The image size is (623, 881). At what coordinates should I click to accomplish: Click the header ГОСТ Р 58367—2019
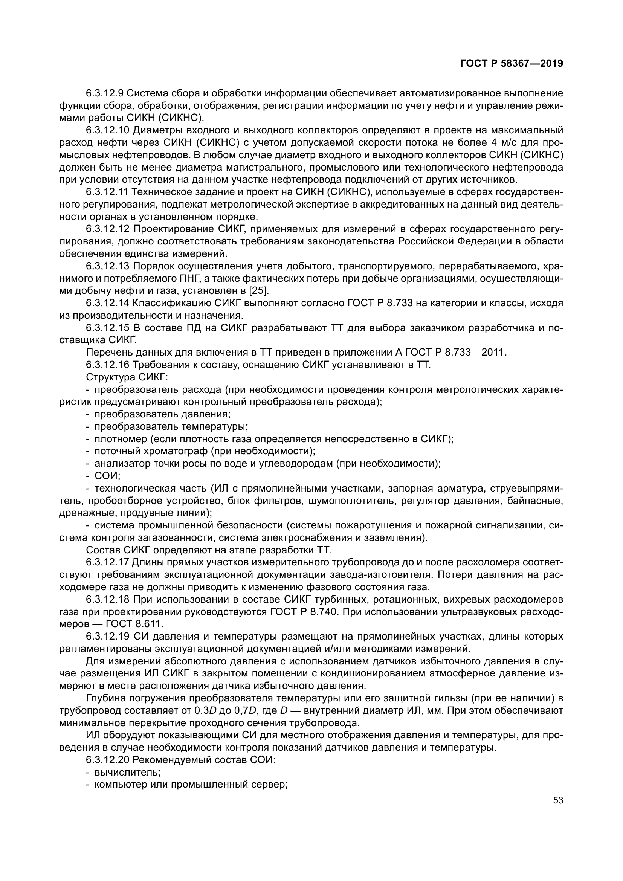pos(512,64)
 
